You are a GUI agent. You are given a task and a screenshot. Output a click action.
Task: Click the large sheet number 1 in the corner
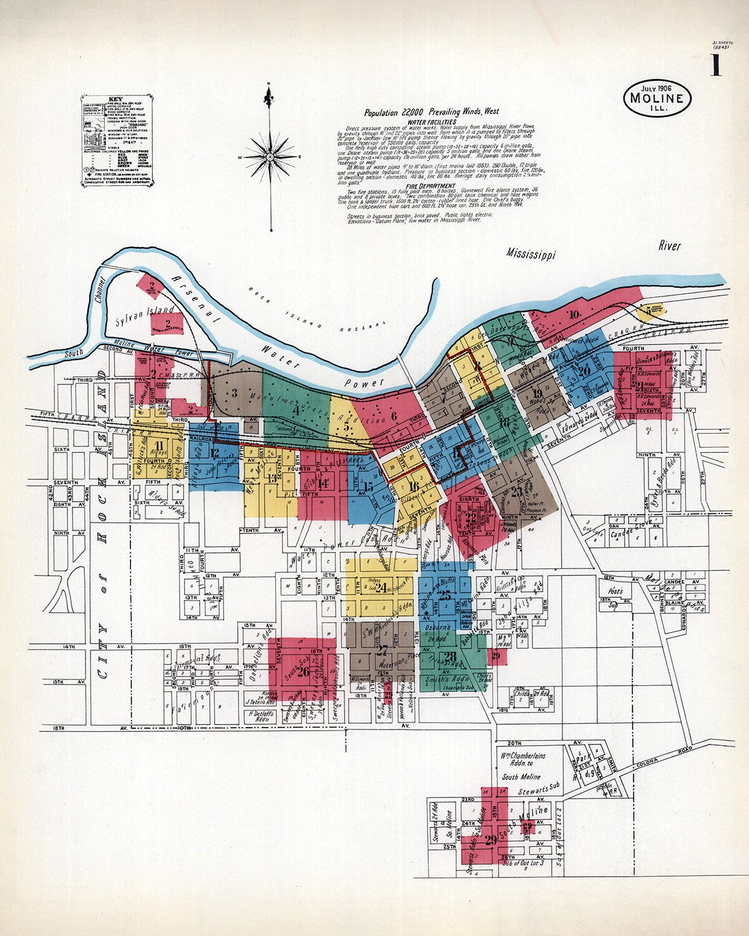pos(715,65)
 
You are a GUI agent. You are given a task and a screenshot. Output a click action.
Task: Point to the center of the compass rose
pos(270,157)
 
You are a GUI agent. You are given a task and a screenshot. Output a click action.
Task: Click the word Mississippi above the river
pos(531,253)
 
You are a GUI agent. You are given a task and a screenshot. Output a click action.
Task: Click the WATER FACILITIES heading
pos(432,122)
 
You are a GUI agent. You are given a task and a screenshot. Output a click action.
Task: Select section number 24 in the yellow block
pos(381,586)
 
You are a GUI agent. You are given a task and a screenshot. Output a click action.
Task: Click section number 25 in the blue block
pos(444,596)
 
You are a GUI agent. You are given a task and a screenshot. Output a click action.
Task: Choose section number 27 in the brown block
pos(383,650)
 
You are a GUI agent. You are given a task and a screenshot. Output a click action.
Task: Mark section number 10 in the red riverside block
pos(574,314)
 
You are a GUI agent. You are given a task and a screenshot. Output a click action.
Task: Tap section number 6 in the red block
pos(393,417)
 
